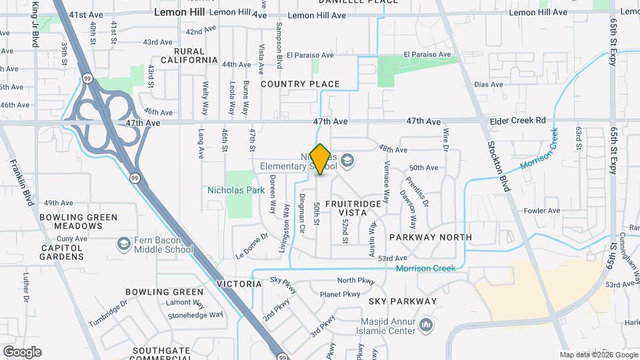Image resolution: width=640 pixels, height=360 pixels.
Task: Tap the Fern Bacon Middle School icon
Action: tap(123, 243)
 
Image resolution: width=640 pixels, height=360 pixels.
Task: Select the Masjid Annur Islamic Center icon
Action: tap(427, 325)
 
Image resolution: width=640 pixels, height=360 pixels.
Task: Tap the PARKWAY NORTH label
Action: tap(431, 237)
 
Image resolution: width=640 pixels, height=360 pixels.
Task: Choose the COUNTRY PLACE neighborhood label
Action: tap(300, 84)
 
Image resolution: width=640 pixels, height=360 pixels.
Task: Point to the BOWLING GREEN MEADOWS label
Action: tap(78, 221)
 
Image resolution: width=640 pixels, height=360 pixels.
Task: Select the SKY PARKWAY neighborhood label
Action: tap(403, 301)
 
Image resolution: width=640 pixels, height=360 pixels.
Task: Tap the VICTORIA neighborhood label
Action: tap(239, 284)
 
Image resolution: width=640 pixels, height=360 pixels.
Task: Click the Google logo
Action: tap(22, 351)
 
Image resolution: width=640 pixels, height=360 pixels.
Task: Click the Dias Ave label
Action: tap(488, 85)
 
